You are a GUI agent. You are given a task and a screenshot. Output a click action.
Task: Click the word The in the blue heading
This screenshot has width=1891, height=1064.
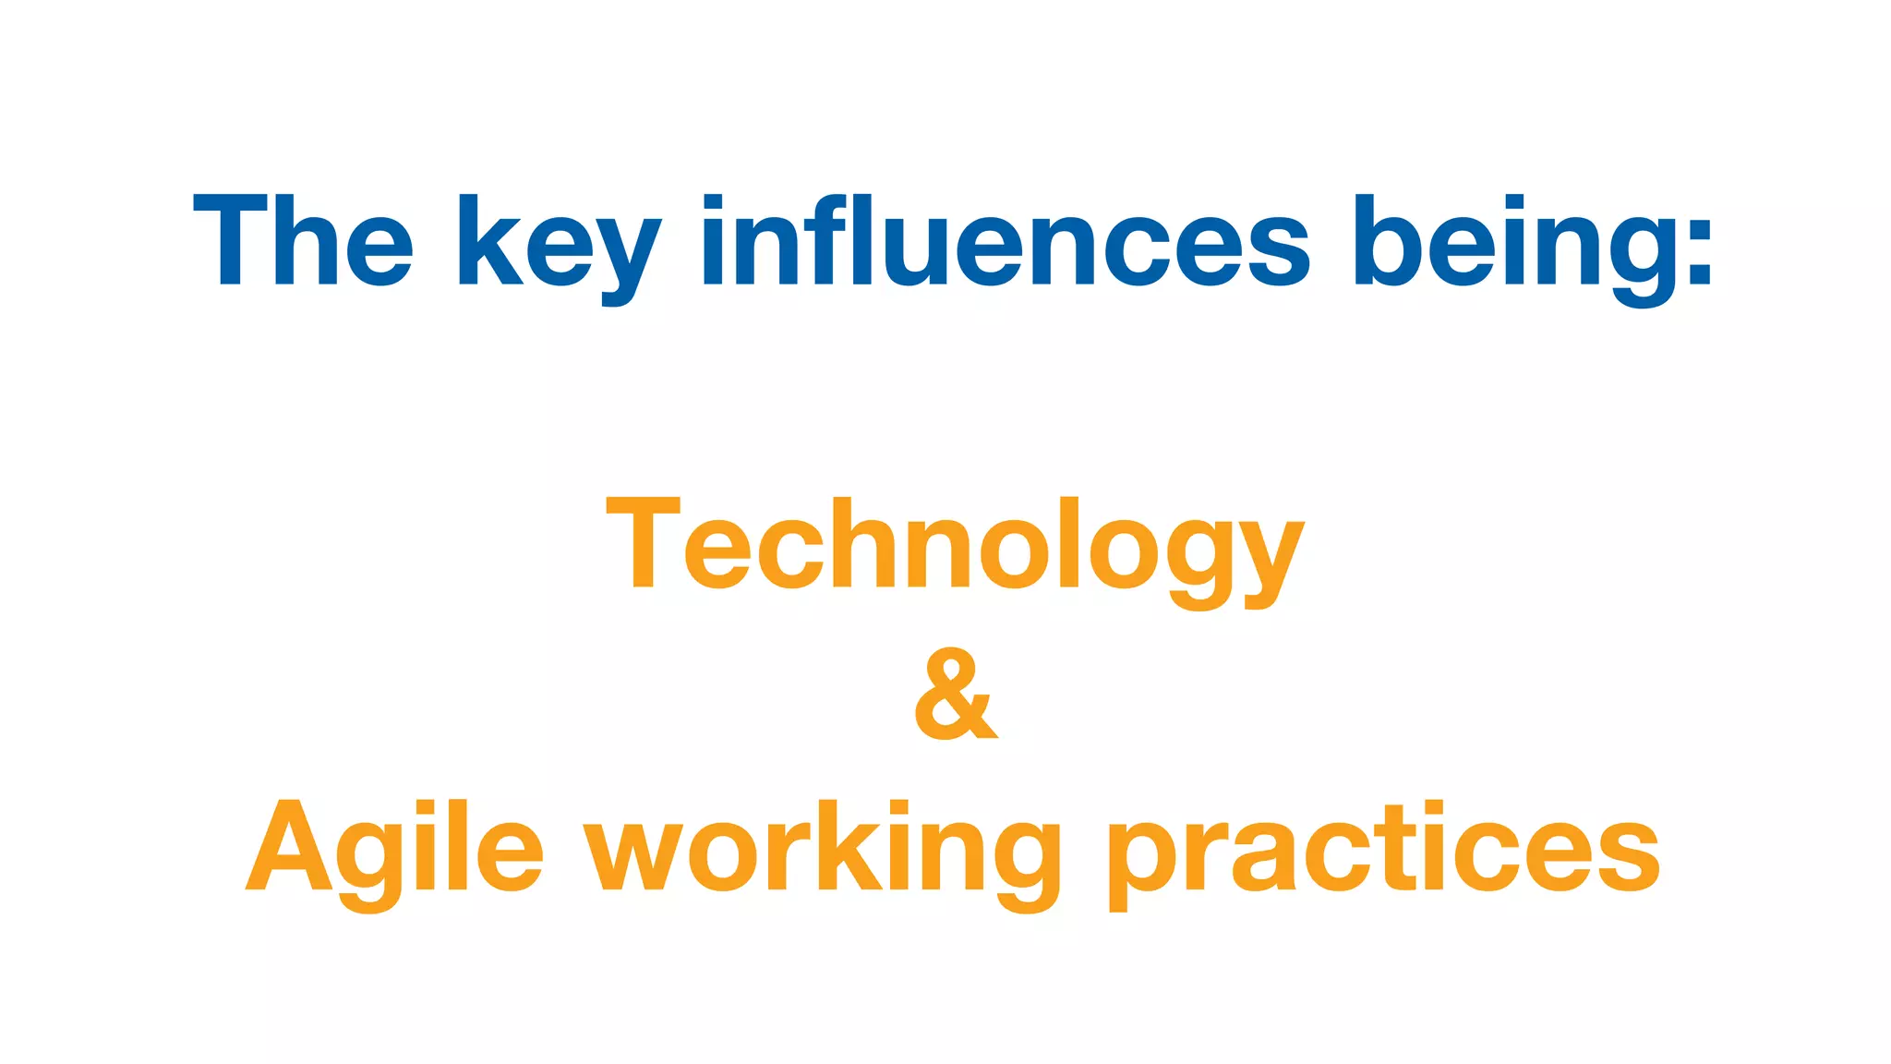[x=303, y=240]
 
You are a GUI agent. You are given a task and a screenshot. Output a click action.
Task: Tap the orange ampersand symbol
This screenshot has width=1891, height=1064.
[x=956, y=694]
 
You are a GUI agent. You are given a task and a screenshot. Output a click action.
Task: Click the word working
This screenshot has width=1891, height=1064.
[x=822, y=850]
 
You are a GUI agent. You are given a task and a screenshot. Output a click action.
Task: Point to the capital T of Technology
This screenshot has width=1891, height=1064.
[x=643, y=542]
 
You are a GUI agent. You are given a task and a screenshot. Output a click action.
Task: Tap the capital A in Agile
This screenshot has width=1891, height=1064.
[x=288, y=847]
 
